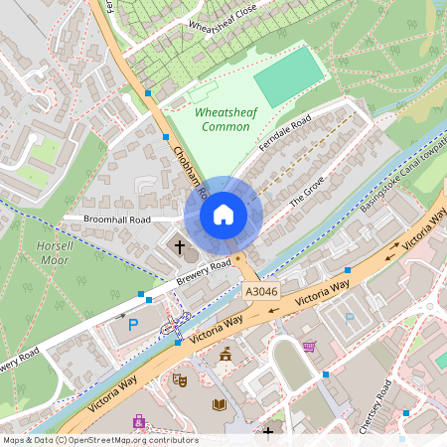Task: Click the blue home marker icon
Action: [223, 215]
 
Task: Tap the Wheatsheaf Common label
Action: [225, 119]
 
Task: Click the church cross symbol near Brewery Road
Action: [180, 244]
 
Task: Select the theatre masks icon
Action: [180, 378]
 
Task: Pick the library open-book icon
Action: [220, 403]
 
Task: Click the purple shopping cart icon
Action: [309, 347]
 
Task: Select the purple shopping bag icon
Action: [138, 422]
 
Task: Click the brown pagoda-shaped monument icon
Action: [226, 354]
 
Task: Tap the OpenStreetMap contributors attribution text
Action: [99, 440]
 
